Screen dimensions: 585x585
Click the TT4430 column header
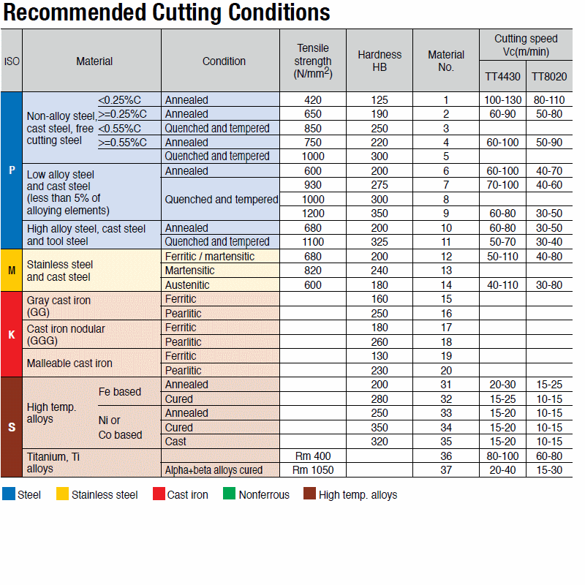[502, 76]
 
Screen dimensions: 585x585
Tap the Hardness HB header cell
[380, 61]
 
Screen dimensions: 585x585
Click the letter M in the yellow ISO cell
[12, 271]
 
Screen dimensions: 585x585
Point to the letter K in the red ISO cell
[12, 335]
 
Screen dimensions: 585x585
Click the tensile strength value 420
[313, 99]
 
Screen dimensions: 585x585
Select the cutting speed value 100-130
[502, 99]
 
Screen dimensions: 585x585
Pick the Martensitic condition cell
[189, 271]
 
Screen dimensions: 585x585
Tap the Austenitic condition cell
[187, 285]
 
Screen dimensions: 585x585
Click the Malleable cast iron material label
[69, 363]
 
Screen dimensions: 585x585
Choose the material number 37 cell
[446, 470]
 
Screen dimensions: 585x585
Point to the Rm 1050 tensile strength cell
[313, 470]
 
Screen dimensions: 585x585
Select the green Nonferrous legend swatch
[230, 494]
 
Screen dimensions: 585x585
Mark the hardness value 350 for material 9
[380, 214]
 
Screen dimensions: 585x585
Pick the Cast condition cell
[175, 442]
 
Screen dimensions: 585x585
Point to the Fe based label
[120, 392]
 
